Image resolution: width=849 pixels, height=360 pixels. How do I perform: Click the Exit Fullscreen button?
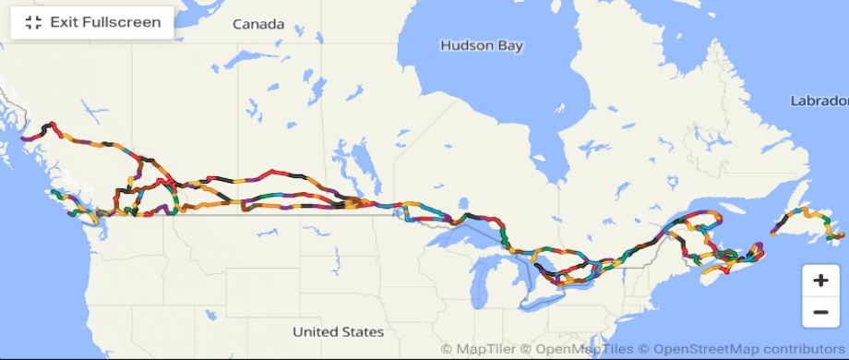92,22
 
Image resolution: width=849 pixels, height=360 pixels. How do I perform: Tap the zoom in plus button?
820,280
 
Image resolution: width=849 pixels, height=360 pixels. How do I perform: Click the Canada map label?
258,24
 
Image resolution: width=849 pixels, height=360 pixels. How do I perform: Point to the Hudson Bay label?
481,45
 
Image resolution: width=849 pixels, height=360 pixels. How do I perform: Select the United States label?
338,331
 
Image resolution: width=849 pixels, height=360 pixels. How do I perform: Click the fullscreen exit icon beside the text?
33,22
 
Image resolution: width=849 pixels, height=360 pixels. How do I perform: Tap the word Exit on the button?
64,22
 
